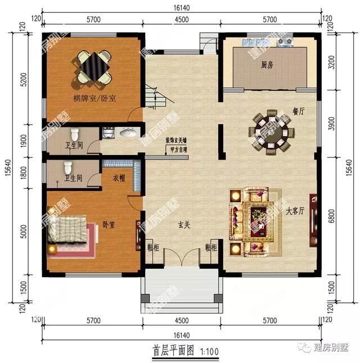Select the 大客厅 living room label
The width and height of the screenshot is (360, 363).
tap(295, 212)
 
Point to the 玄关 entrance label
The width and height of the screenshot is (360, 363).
tap(184, 225)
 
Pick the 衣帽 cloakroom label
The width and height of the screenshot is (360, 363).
tap(119, 179)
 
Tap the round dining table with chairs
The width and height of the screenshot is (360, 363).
tap(270, 132)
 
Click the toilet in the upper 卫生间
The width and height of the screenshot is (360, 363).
tap(74, 137)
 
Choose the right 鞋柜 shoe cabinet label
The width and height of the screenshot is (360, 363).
tap(212, 247)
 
